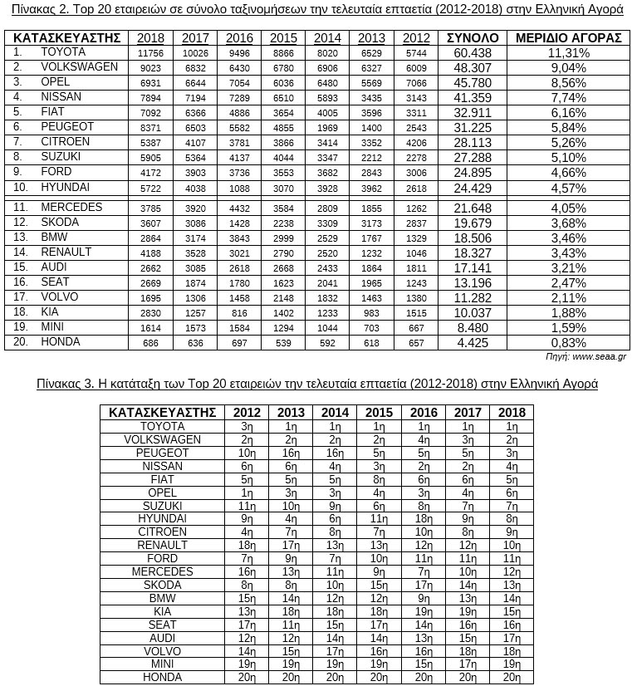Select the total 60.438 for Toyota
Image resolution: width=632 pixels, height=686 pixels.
tap(473, 53)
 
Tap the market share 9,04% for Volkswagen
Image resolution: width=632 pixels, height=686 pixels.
tap(568, 68)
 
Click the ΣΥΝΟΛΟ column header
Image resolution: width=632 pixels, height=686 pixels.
tap(473, 38)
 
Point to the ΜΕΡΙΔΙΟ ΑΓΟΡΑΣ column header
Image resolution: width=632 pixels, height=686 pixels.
tap(568, 38)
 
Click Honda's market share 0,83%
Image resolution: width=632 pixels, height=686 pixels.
tap(568, 342)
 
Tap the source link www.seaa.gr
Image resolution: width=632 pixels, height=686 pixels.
tap(600, 356)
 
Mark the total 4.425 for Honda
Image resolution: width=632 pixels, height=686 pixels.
tap(473, 342)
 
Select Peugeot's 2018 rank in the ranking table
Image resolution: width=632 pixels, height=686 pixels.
tap(512, 453)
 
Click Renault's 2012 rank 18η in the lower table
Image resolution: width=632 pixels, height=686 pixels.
tap(247, 546)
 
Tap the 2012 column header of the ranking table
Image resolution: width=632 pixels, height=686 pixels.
tap(247, 413)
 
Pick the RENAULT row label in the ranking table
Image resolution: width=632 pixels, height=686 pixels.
tap(162, 546)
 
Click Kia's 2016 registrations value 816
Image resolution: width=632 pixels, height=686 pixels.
tap(239, 312)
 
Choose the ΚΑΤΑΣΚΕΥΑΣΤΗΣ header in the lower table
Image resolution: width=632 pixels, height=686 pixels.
tap(162, 413)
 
